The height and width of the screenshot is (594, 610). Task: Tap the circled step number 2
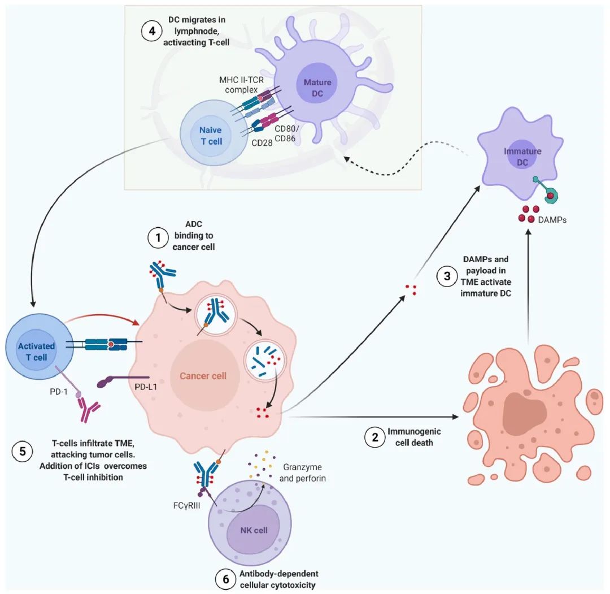pyautogui.click(x=374, y=437)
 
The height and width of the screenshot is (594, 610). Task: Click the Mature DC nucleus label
pyautogui.click(x=317, y=88)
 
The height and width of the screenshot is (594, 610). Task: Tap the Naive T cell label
pyautogui.click(x=211, y=136)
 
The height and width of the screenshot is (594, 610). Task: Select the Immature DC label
pyautogui.click(x=522, y=157)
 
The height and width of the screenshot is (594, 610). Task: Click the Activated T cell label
pyautogui.click(x=36, y=351)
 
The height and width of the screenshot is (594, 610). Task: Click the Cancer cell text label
pyautogui.click(x=203, y=376)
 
